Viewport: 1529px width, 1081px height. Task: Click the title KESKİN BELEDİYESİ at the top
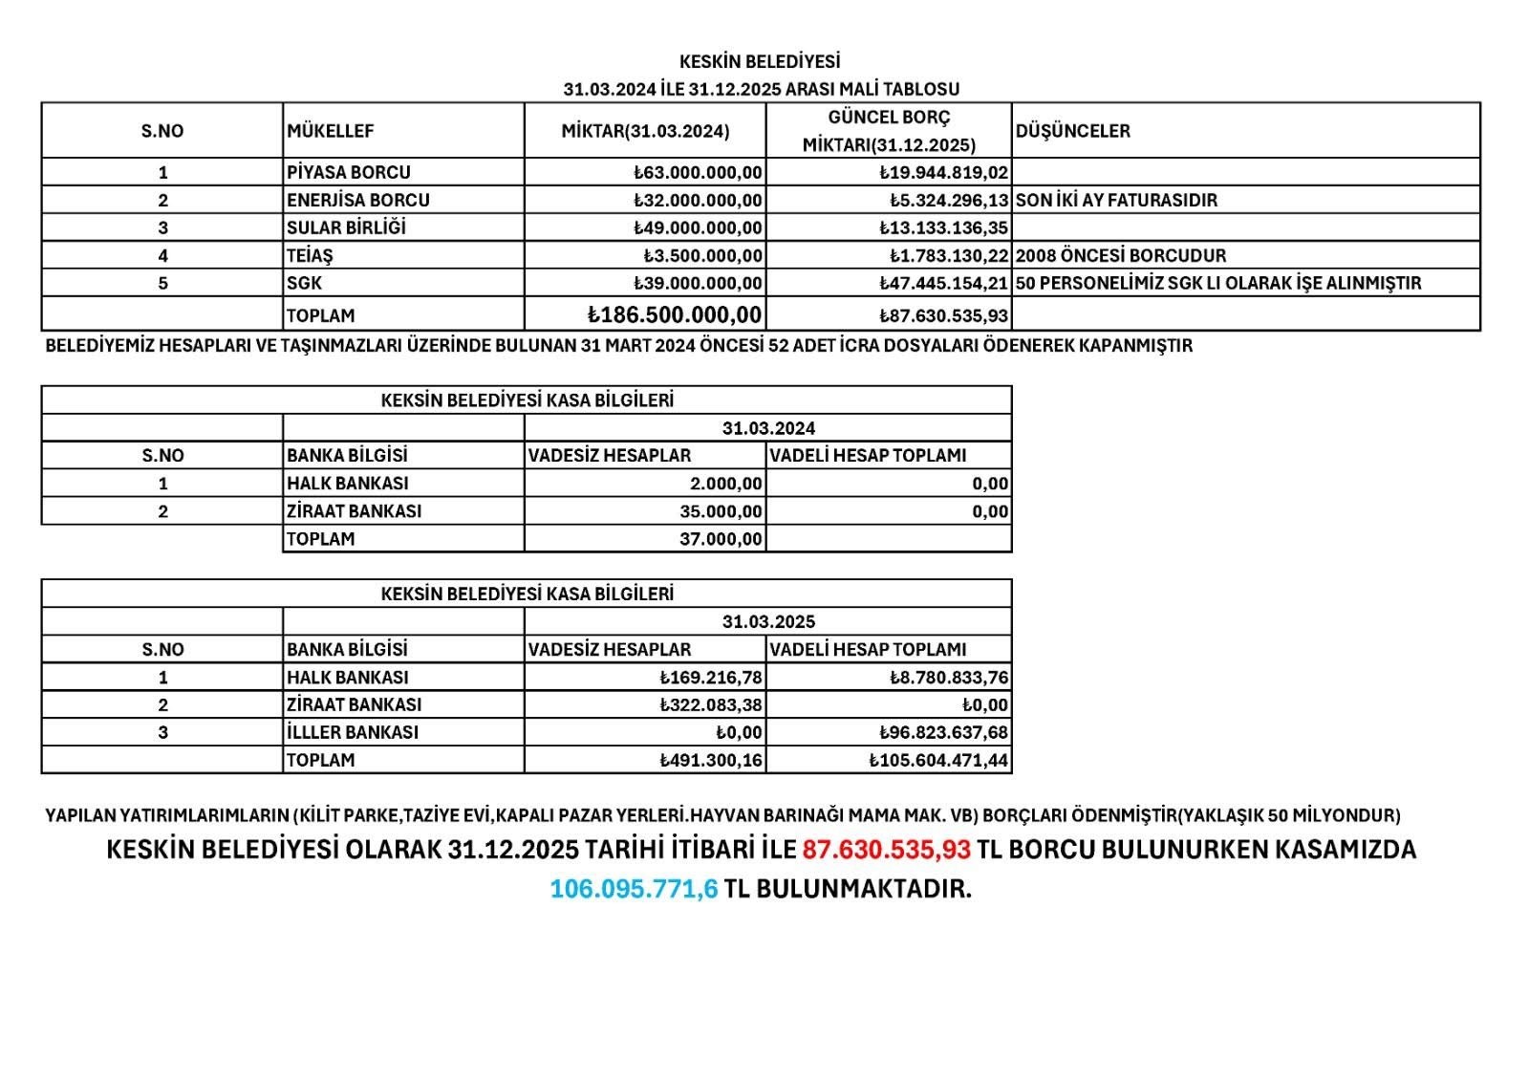(760, 61)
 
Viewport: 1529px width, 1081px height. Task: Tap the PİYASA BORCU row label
(349, 172)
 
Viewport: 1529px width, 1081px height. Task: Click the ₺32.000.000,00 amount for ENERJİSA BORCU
(698, 200)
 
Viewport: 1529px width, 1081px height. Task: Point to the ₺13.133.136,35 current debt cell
(943, 227)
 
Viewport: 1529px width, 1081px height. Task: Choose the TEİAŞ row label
(310, 255)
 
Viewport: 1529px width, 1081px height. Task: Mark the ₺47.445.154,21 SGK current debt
(943, 283)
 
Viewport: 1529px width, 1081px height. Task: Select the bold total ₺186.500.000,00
(675, 314)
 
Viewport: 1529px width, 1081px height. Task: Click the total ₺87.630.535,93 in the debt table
(943, 315)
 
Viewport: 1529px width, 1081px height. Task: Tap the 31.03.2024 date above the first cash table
(768, 428)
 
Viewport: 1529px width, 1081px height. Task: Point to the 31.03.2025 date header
(768, 621)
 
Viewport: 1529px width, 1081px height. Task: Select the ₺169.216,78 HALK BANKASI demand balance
(711, 677)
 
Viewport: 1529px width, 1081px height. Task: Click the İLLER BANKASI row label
(353, 732)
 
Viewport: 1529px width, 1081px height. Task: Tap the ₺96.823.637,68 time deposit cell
(943, 732)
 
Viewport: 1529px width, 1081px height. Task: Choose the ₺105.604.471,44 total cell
(938, 760)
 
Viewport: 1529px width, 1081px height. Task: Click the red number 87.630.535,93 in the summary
(886, 849)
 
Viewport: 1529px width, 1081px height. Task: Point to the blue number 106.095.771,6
(633, 888)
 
